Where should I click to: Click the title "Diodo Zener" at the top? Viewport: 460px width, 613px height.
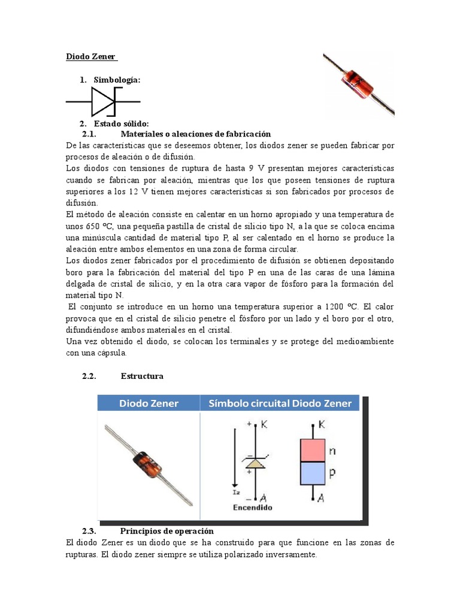(x=92, y=57)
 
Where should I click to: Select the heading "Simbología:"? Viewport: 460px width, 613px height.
(x=117, y=80)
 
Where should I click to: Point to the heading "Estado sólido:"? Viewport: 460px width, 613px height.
(x=117, y=124)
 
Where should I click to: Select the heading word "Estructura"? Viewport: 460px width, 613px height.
(x=142, y=376)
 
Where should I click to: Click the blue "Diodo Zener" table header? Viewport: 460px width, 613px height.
(x=149, y=403)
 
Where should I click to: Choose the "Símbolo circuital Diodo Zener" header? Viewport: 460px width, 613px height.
(x=280, y=403)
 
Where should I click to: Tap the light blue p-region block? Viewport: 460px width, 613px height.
(x=312, y=474)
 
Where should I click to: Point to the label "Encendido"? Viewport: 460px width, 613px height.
(x=252, y=507)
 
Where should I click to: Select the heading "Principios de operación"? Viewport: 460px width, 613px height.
(x=167, y=531)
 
